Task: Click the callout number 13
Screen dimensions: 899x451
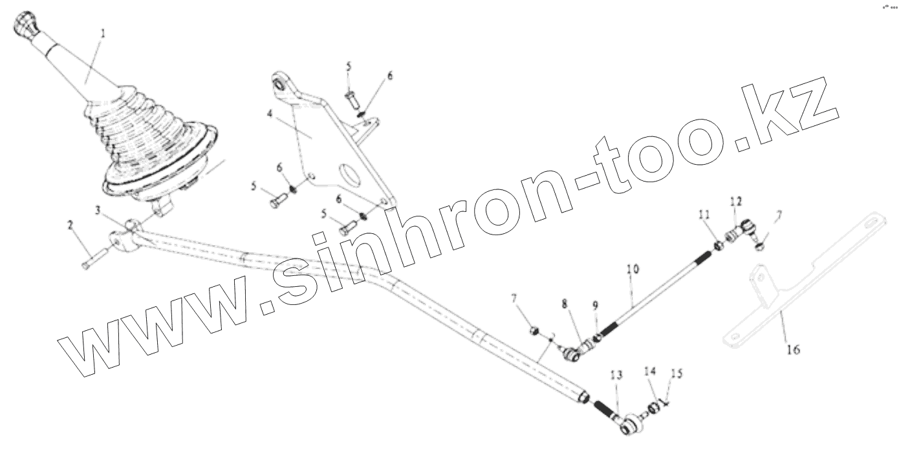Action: pos(617,375)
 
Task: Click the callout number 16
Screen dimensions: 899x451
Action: pos(793,350)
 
